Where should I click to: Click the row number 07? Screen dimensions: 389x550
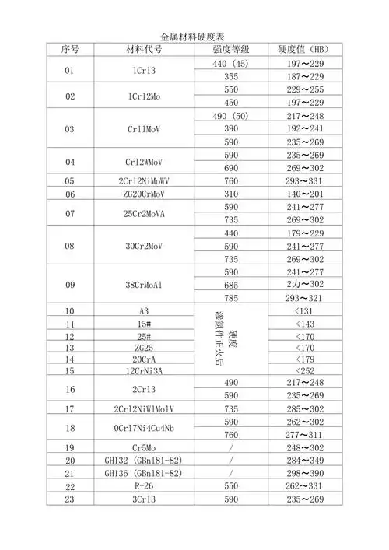click(70, 213)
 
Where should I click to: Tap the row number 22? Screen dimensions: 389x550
click(70, 486)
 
